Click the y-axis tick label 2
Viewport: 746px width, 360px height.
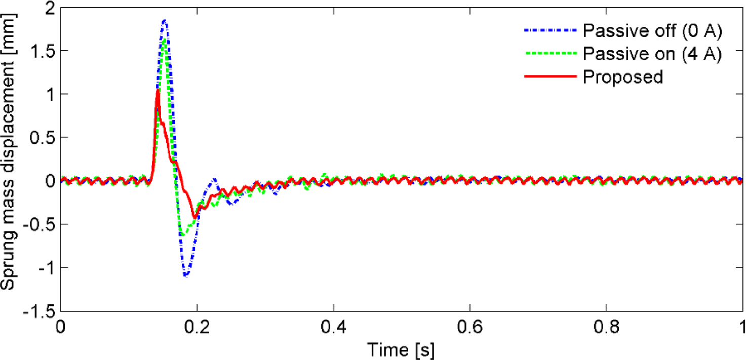50,8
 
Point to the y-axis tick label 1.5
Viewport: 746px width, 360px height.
43,51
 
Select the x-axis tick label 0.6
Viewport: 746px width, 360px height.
470,326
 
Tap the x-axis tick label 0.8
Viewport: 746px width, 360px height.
606,326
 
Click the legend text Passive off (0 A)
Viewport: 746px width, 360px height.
652,31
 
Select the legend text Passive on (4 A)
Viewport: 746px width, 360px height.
652,53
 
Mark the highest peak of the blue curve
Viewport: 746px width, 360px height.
165,20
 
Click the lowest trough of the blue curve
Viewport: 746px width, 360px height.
186,276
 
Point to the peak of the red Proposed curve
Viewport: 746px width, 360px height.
158,90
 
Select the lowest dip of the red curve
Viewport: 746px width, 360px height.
194,218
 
